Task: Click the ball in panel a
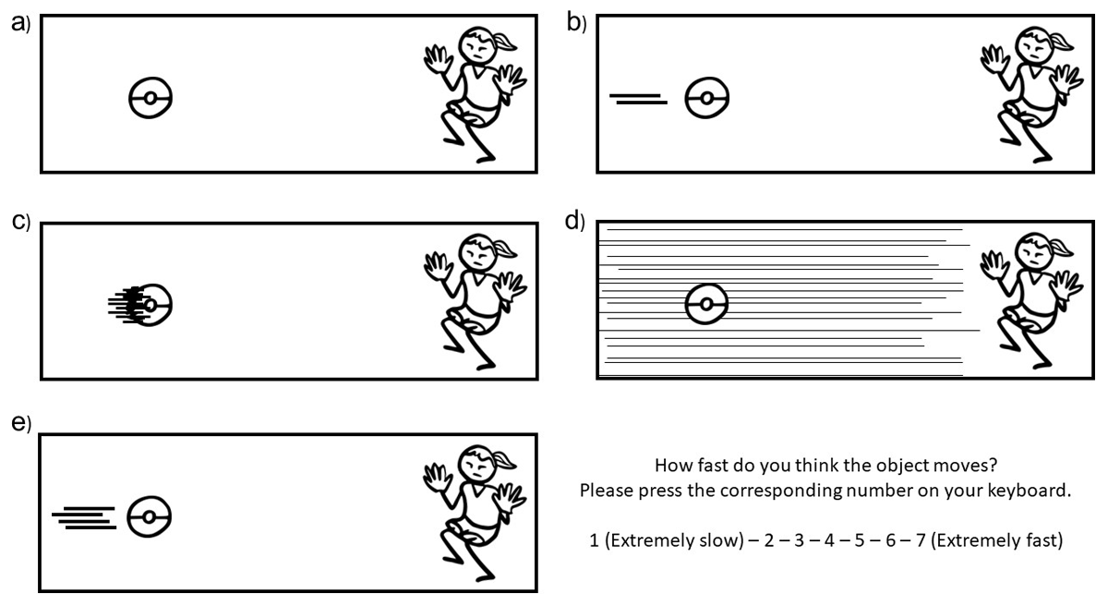click(x=151, y=97)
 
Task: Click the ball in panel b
click(x=706, y=97)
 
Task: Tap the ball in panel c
click(x=152, y=303)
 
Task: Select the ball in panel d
click(x=706, y=302)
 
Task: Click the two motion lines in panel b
click(x=639, y=98)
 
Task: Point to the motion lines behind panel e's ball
click(x=85, y=518)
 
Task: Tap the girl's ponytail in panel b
click(x=1059, y=41)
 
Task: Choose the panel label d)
click(x=575, y=223)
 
